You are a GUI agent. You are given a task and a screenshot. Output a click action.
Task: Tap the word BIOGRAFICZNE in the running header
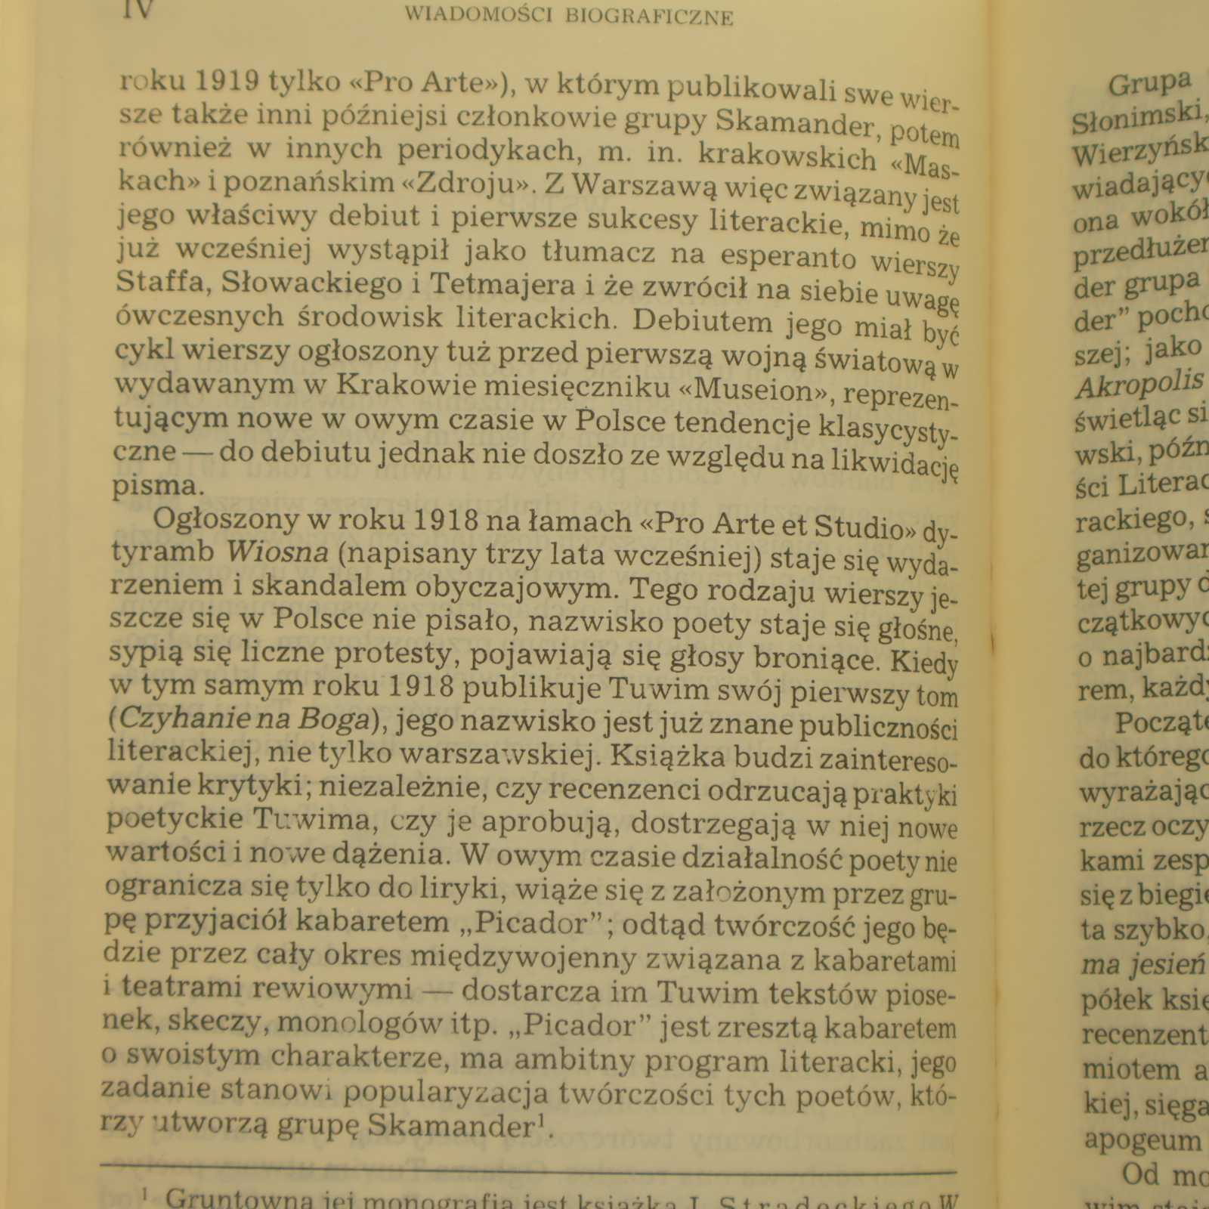click(649, 17)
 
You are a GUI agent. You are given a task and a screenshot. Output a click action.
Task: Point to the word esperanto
click(788, 257)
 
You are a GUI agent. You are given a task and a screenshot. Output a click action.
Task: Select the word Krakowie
click(404, 386)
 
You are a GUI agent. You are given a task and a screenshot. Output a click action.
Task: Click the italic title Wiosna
click(277, 552)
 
